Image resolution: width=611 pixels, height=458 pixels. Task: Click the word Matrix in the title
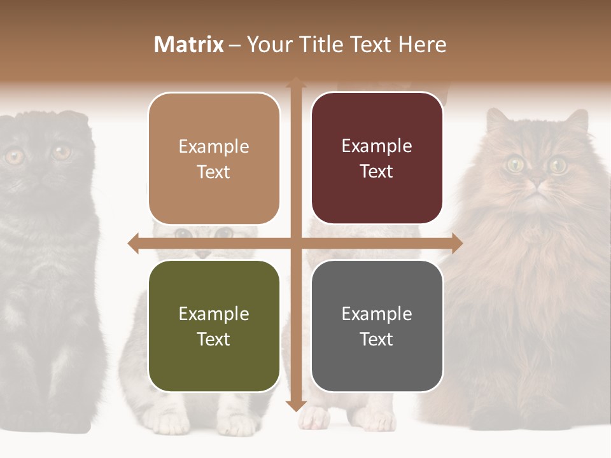[189, 45]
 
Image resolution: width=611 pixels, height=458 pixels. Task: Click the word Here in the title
[422, 45]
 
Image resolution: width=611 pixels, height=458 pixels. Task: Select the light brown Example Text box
[214, 159]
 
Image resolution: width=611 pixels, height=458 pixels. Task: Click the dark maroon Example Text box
[377, 158]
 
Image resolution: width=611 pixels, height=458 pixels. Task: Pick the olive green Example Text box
[214, 326]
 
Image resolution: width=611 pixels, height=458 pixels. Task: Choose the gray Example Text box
[377, 326]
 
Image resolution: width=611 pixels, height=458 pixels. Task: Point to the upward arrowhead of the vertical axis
[295, 82]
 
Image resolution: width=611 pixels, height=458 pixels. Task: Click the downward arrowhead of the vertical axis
[295, 406]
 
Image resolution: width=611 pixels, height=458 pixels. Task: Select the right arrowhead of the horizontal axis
[457, 243]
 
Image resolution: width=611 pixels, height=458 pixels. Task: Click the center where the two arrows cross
[295, 243]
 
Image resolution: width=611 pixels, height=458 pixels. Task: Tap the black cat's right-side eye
[62, 152]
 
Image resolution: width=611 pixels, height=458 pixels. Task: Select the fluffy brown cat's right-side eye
[558, 165]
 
